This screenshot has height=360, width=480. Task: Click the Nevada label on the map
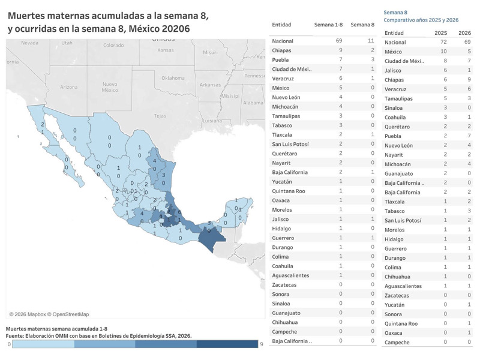point(29,43)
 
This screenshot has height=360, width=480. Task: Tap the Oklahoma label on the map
point(173,77)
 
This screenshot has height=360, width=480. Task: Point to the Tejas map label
point(160,115)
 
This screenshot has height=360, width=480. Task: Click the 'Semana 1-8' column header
point(328,25)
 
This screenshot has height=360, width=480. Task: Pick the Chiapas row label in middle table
point(281,50)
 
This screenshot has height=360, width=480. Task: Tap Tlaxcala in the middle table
point(282,134)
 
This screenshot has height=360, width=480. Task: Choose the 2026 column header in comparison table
point(464,32)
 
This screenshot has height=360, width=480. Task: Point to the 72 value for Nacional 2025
point(444,43)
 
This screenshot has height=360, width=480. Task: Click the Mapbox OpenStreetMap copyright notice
point(49,314)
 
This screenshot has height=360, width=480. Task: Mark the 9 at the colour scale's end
point(261,344)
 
